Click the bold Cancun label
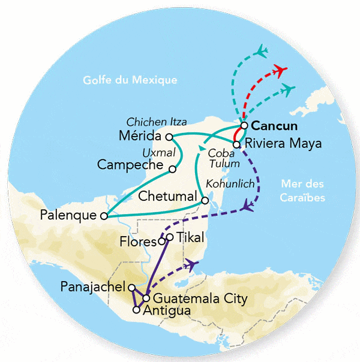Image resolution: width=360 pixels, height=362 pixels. pos(274,126)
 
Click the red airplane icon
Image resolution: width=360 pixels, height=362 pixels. pos(279,71)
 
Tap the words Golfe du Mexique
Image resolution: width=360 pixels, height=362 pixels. pos(130,80)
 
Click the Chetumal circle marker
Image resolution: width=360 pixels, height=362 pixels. pos(205,201)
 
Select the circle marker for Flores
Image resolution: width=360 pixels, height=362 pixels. pos(161,242)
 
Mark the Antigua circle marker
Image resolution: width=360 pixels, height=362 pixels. pos(137,310)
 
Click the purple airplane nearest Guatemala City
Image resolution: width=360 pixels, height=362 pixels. pos(192,264)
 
